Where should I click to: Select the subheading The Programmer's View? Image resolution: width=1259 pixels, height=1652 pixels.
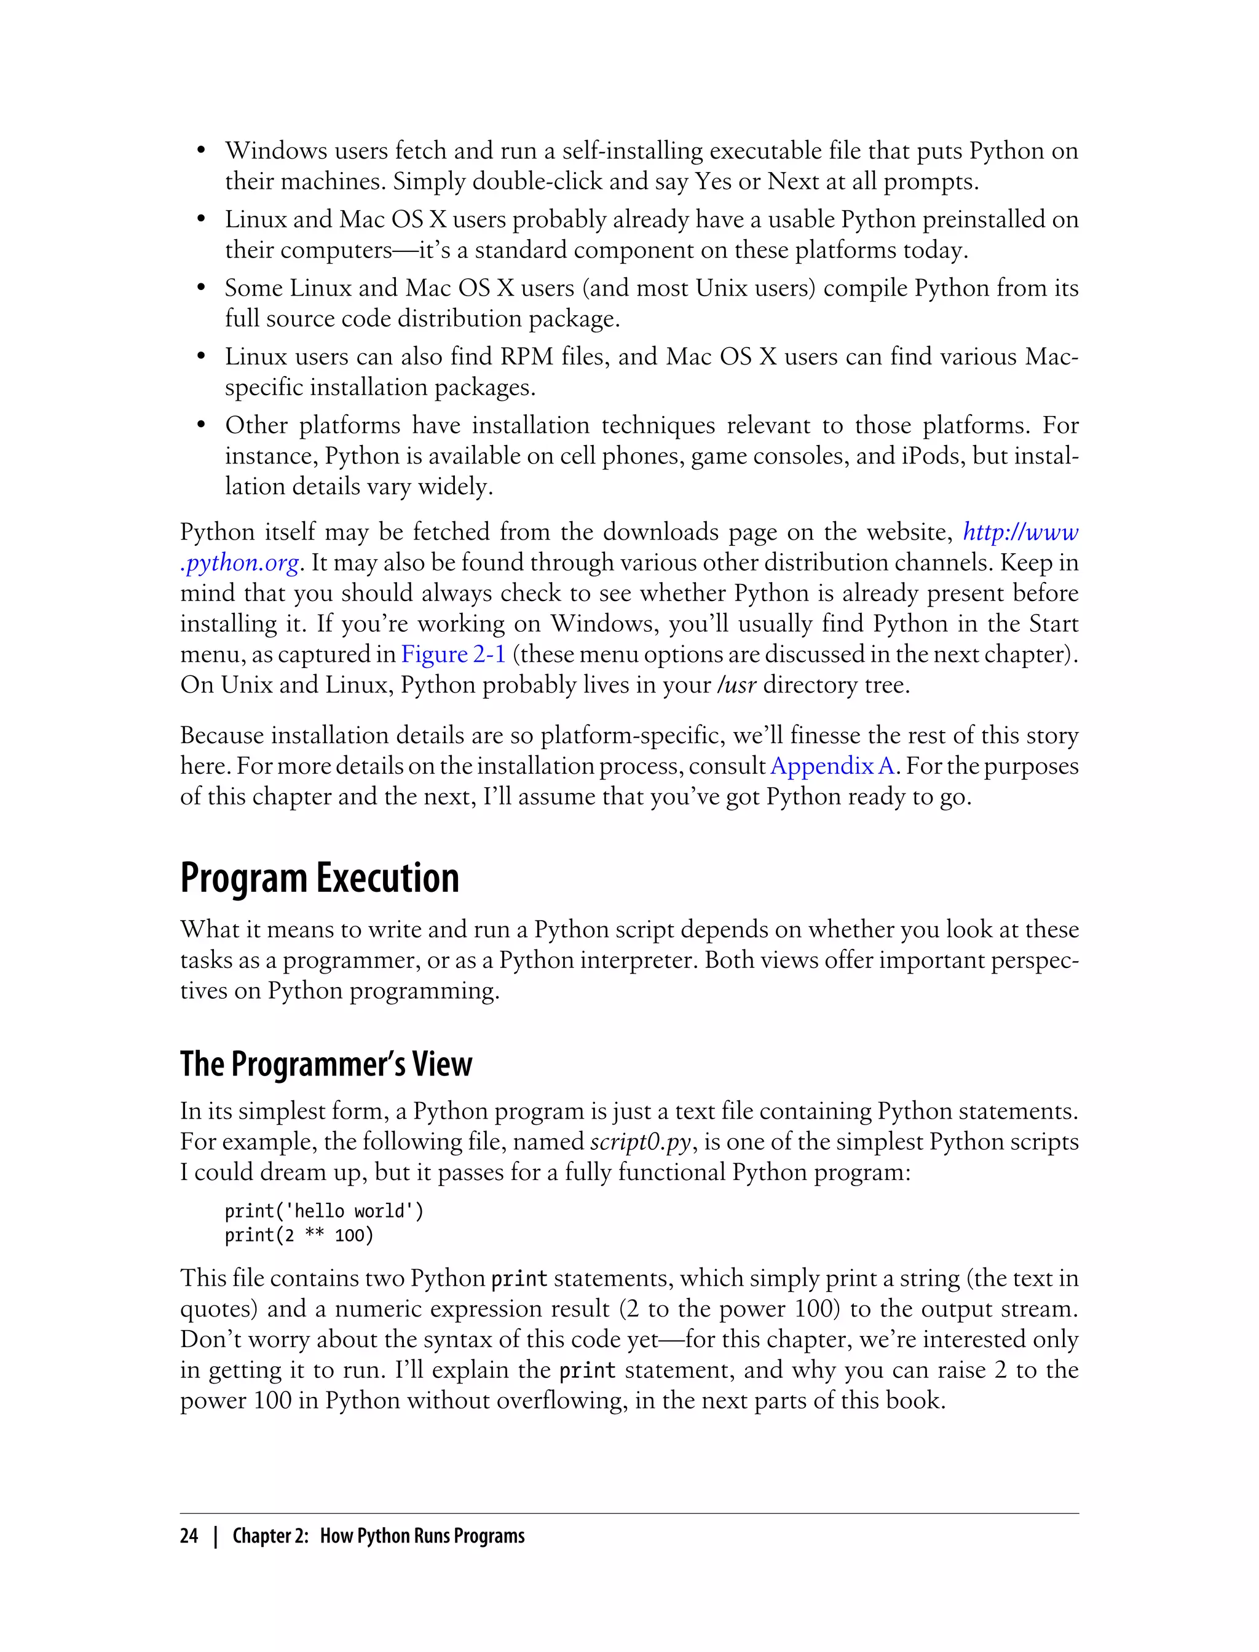[x=326, y=1064]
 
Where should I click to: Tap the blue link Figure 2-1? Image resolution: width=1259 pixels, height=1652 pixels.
[x=454, y=654]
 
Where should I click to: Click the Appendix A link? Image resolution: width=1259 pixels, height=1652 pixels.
[x=832, y=766]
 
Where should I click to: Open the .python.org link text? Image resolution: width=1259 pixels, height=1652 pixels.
[x=240, y=563]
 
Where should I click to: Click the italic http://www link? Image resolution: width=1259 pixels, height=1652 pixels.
[x=1020, y=532]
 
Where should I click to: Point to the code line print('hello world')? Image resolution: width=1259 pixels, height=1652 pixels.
[x=324, y=1211]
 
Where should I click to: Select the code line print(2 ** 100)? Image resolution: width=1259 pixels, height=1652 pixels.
[x=299, y=1235]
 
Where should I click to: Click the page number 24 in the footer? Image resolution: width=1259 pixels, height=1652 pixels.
[x=189, y=1536]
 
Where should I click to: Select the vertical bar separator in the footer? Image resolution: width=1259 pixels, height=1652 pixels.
[x=216, y=1536]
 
